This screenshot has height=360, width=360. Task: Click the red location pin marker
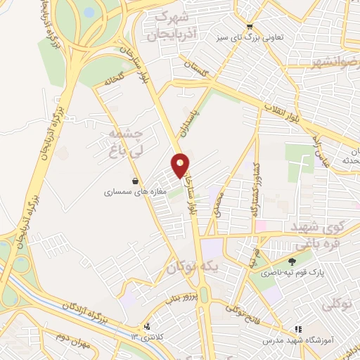pos(181,165)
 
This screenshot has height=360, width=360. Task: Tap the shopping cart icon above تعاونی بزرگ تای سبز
pos(248,27)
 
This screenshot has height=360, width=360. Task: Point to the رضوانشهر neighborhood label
pos(336,63)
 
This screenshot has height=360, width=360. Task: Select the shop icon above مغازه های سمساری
pos(134,180)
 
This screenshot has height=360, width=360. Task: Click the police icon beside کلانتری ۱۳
pos(148,327)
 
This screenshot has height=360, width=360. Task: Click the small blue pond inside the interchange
pos(88,12)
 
